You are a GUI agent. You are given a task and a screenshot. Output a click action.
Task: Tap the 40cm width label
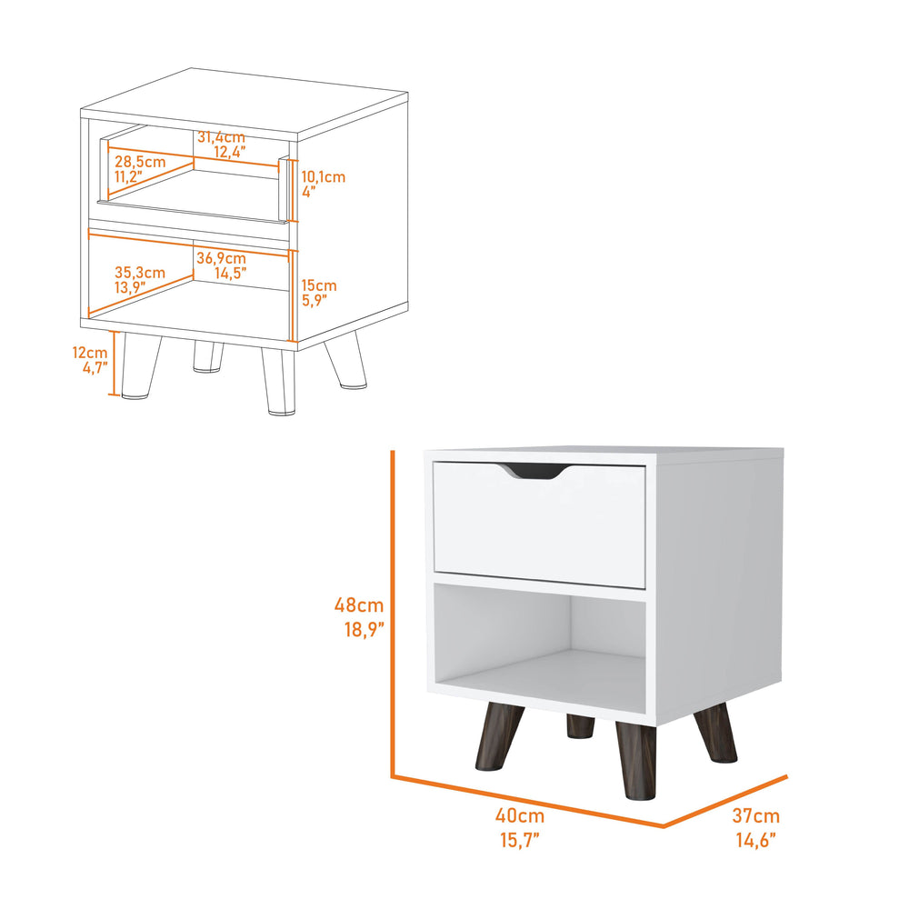[525, 816]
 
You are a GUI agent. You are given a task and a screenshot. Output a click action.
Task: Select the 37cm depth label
[756, 816]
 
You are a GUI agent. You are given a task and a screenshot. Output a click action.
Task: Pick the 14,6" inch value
[755, 840]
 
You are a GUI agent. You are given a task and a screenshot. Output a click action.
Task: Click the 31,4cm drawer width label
[221, 137]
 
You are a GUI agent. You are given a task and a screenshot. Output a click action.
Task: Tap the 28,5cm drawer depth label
[140, 161]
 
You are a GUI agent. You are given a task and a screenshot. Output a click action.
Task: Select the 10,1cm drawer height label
[323, 176]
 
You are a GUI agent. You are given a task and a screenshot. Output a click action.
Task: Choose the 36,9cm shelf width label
[221, 259]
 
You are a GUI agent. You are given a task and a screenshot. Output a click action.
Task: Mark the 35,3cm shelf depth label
[140, 272]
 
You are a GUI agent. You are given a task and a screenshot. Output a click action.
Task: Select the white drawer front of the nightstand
[539, 527]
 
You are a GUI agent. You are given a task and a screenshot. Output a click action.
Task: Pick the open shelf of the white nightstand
[541, 645]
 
